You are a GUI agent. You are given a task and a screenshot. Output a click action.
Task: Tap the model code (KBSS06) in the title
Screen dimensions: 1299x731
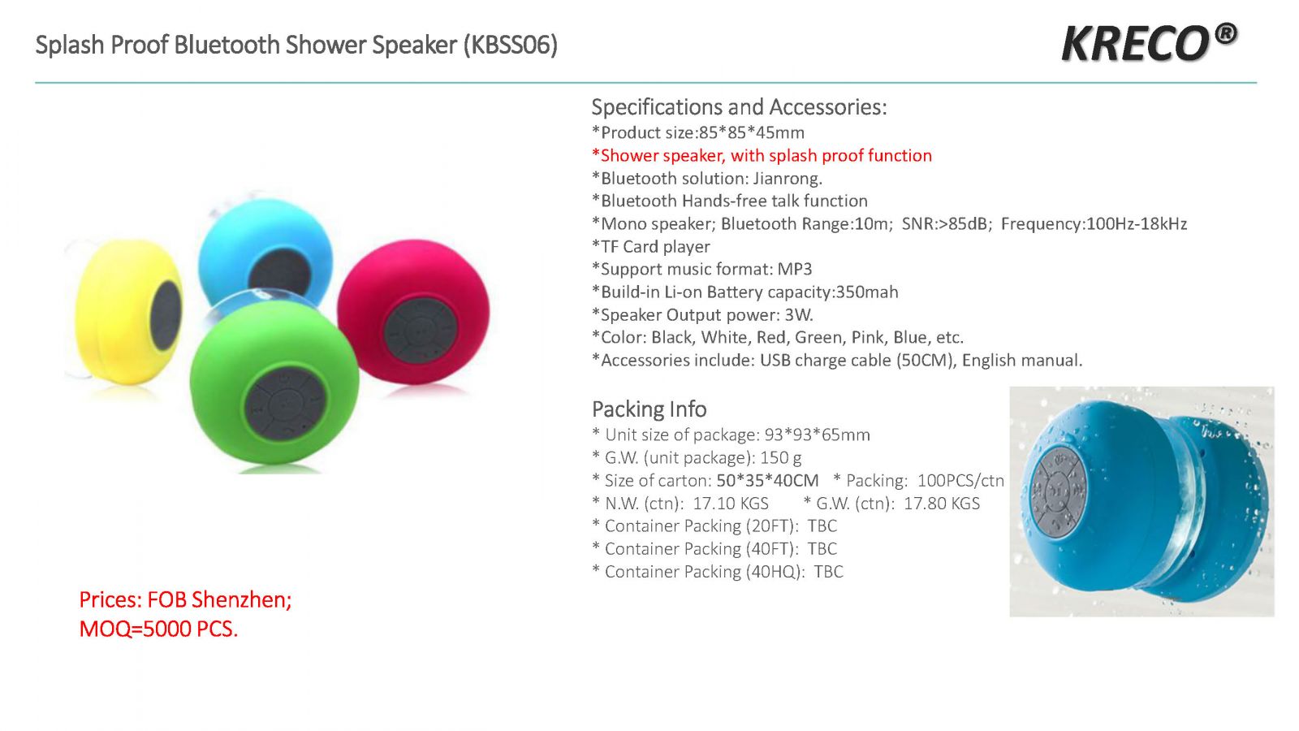(x=511, y=45)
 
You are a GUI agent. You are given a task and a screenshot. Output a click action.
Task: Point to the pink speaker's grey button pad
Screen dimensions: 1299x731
(x=420, y=331)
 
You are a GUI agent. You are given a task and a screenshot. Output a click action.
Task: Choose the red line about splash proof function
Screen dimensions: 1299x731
(x=762, y=155)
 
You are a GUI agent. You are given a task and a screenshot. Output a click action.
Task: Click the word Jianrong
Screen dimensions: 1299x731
(x=788, y=178)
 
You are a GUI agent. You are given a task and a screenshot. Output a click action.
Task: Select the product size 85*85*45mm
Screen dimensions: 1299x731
(x=752, y=133)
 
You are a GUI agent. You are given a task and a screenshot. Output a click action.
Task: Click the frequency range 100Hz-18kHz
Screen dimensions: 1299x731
(x=1136, y=224)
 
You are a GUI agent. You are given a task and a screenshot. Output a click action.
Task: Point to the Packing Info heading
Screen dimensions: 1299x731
(x=649, y=409)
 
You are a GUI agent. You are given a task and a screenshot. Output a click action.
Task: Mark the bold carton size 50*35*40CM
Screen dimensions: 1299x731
(x=767, y=480)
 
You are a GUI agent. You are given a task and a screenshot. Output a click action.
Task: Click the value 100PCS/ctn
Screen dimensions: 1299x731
(x=960, y=480)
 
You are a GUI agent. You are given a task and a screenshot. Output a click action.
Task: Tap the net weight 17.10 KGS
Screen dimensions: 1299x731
(x=731, y=503)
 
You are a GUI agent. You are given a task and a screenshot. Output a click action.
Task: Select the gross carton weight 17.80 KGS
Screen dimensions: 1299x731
(x=942, y=503)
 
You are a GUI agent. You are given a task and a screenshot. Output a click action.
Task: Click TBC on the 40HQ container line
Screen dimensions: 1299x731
(x=828, y=572)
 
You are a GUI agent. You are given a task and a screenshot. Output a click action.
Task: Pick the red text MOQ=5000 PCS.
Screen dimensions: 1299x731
(x=158, y=629)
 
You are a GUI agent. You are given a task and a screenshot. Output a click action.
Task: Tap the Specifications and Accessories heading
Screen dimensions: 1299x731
(x=739, y=107)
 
